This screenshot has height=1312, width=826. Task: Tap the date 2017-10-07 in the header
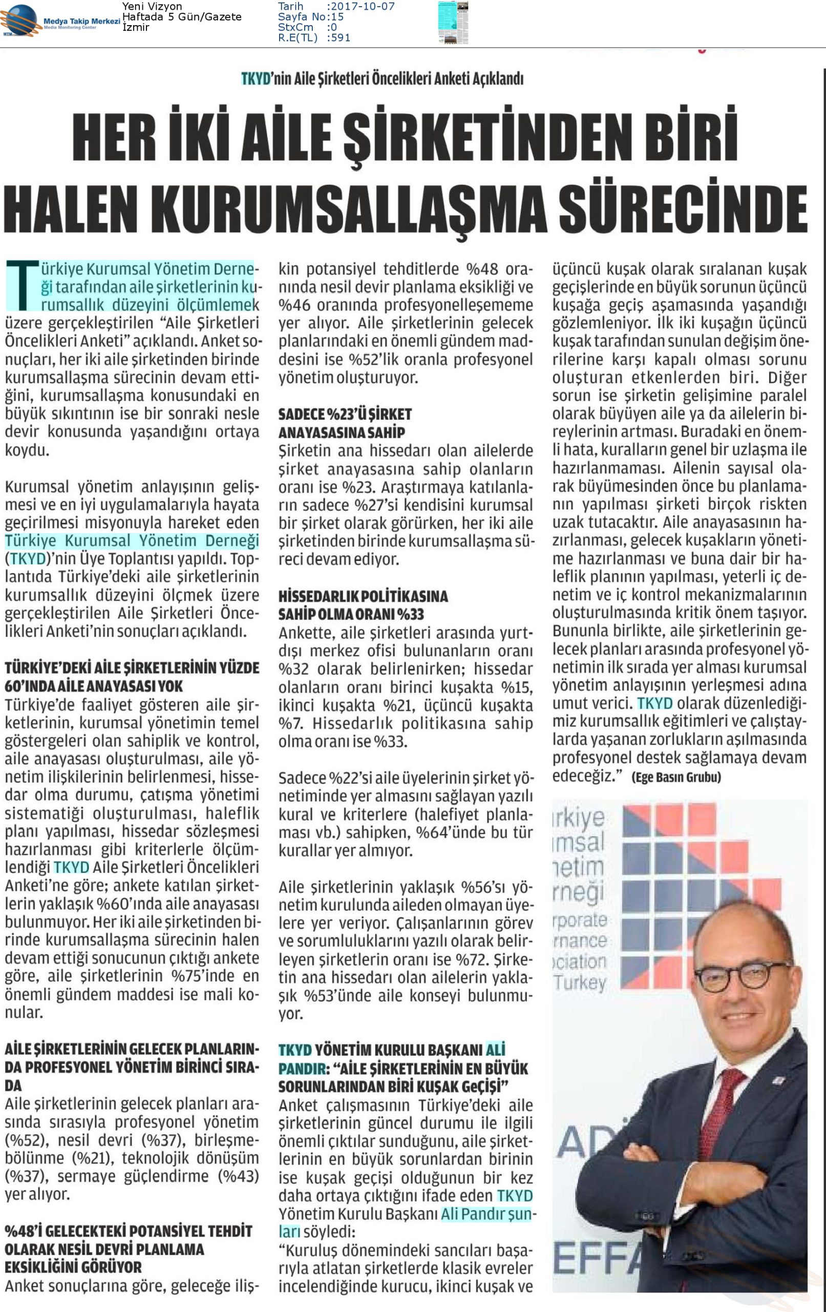(x=363, y=7)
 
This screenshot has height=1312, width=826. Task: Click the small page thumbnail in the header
(x=453, y=23)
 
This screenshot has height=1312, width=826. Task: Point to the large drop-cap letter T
(x=22, y=285)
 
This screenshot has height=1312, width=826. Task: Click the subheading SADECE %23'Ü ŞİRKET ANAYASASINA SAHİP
(x=345, y=423)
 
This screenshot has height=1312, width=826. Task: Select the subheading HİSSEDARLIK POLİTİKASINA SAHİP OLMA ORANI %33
(x=363, y=605)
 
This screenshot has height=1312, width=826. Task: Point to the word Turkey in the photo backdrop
(x=579, y=983)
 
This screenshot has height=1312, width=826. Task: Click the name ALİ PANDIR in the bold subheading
(x=495, y=1050)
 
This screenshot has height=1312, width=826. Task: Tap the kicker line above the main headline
(x=382, y=79)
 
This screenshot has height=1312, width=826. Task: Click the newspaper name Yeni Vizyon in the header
(x=152, y=7)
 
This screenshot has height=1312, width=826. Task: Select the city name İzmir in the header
(x=136, y=27)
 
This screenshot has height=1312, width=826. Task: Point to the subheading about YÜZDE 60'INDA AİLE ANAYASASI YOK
(x=132, y=676)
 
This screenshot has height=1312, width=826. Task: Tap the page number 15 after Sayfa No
(x=337, y=17)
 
